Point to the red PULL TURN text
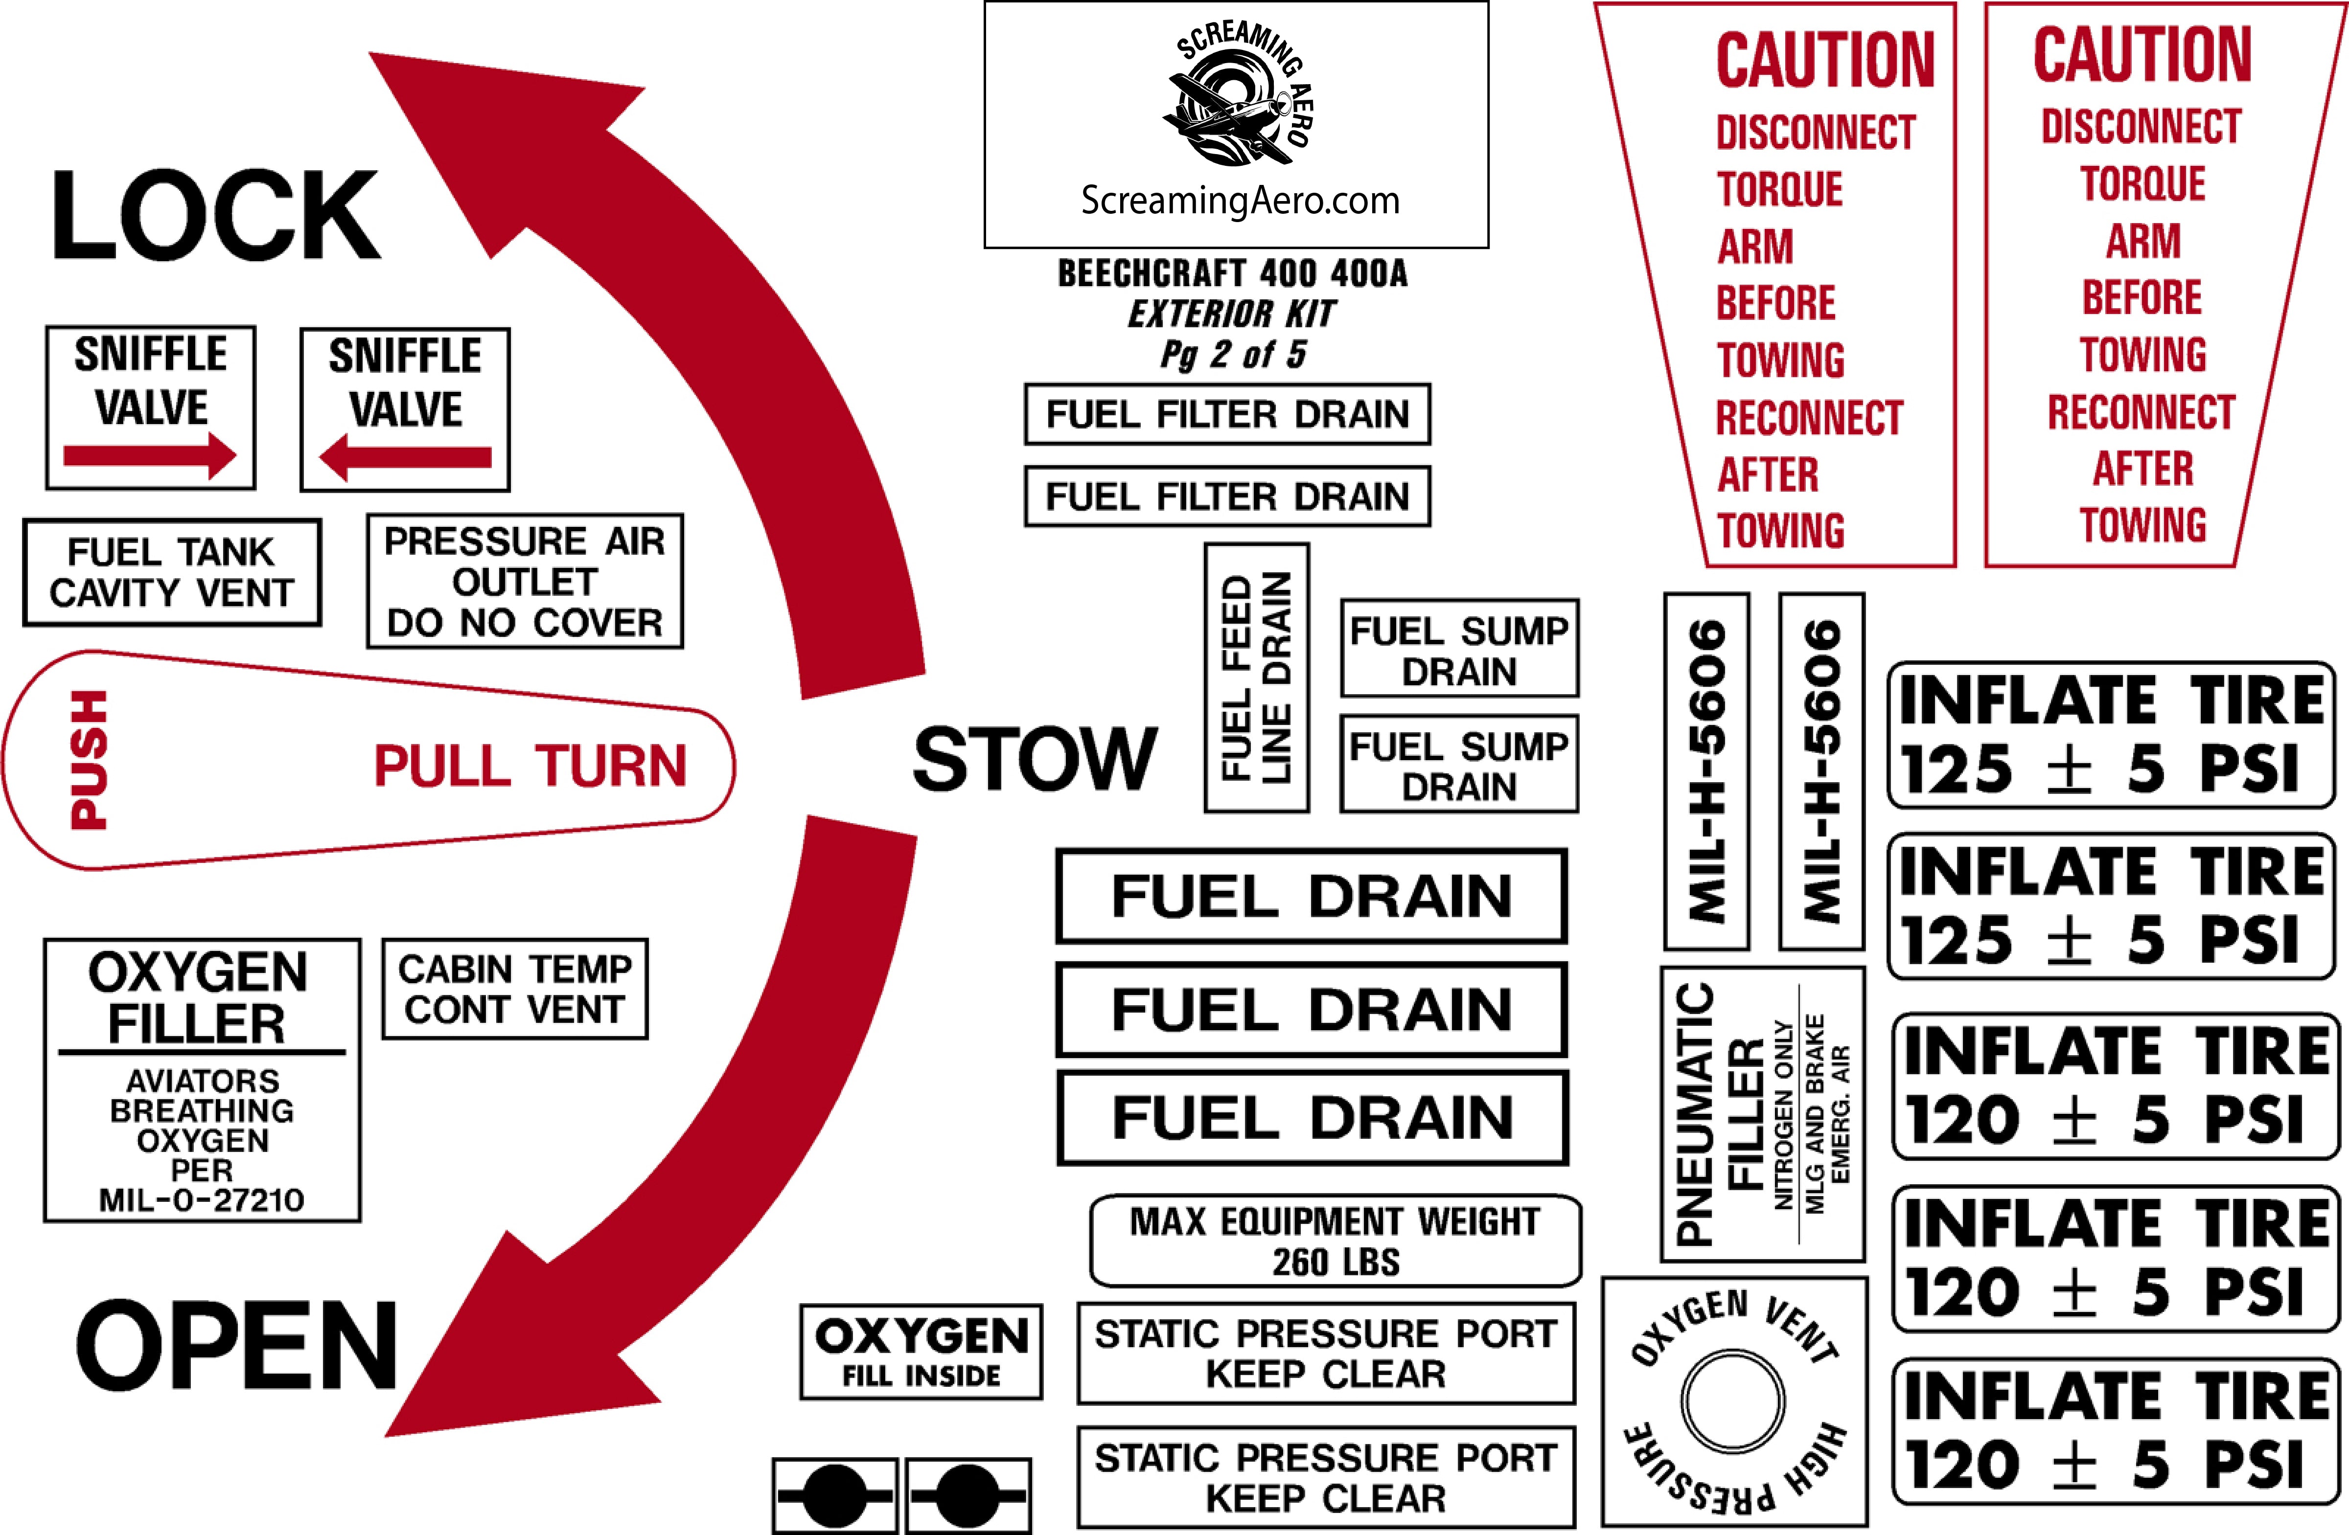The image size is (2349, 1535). [530, 767]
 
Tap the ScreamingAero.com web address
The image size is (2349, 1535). [1240, 200]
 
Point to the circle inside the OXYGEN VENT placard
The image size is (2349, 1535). [1733, 1401]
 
